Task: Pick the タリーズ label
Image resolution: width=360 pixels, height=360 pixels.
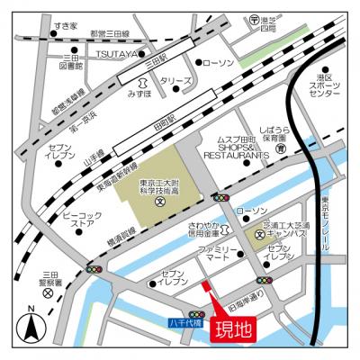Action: click(170, 81)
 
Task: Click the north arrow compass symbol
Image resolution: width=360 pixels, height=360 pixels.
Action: click(30, 328)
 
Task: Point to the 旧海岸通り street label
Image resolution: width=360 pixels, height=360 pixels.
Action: click(244, 293)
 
